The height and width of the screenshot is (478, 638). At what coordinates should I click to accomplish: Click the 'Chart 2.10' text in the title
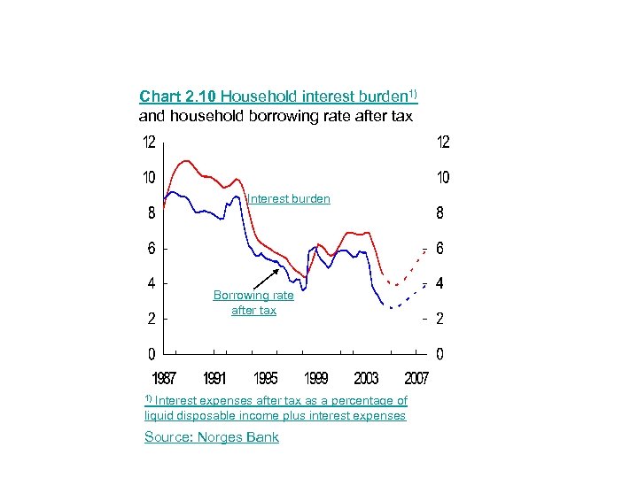click(x=177, y=96)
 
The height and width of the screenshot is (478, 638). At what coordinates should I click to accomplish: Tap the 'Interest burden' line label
click(x=289, y=199)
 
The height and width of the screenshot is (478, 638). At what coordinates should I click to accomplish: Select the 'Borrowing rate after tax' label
click(x=253, y=303)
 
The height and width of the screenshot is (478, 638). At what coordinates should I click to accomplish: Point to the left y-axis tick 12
click(x=151, y=143)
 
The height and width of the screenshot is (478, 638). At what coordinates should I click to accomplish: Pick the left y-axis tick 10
click(x=151, y=178)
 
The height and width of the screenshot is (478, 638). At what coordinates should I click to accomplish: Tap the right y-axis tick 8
click(x=440, y=213)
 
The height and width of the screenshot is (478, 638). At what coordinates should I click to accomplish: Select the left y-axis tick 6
click(x=152, y=249)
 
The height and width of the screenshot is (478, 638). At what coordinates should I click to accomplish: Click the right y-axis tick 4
click(x=440, y=284)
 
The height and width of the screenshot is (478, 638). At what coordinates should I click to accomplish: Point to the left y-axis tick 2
click(x=152, y=319)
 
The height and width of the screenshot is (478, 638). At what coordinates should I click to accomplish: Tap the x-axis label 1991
click(x=214, y=379)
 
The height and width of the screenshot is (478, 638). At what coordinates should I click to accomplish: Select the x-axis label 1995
click(x=265, y=379)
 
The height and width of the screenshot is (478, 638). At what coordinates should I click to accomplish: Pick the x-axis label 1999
click(x=315, y=379)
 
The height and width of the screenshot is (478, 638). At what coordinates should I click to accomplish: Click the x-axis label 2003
click(x=366, y=379)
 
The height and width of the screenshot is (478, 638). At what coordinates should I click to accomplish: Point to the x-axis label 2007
click(x=416, y=379)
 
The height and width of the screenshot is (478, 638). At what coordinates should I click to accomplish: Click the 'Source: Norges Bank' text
click(x=212, y=436)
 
